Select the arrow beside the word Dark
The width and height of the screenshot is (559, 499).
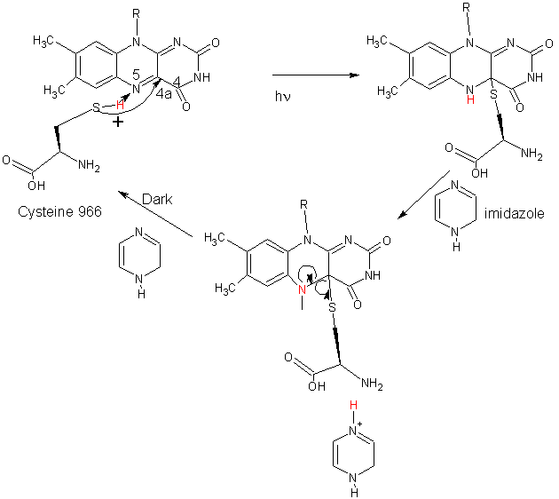[155, 214]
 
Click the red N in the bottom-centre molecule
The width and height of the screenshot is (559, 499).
[302, 288]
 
